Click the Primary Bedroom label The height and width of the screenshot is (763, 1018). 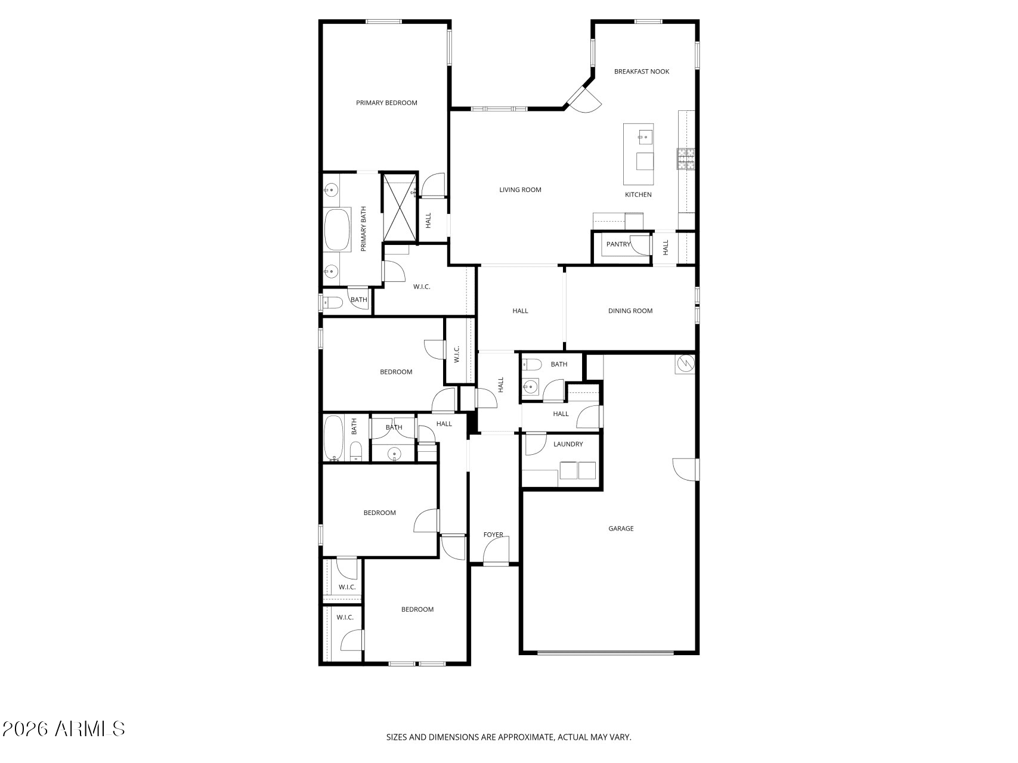tap(386, 103)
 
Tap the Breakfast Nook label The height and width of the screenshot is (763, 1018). tap(642, 72)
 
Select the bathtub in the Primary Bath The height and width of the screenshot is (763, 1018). tap(338, 229)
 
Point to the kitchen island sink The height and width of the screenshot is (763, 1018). tap(644, 137)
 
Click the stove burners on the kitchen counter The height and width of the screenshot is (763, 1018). tap(685, 159)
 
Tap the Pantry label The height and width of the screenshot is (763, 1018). tap(618, 244)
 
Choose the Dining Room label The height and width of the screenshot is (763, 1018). tap(630, 311)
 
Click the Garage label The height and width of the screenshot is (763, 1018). tap(621, 528)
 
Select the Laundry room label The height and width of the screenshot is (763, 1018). tap(568, 444)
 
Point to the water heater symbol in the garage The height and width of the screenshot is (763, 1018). tap(685, 363)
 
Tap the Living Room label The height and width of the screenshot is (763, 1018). tap(520, 190)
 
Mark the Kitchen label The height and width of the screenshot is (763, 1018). tap(638, 195)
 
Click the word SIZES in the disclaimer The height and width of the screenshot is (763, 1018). tap(398, 737)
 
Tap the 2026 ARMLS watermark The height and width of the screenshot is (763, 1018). tap(63, 728)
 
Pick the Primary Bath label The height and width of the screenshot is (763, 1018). tap(363, 229)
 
